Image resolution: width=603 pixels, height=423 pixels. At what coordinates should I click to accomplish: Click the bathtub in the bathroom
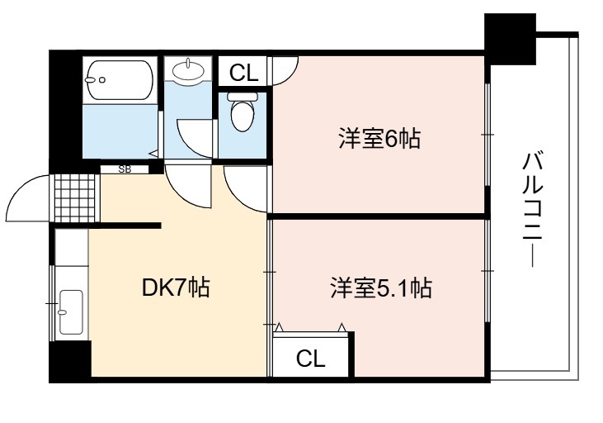120,80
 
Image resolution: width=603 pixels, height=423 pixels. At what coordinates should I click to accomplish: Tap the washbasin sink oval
188,70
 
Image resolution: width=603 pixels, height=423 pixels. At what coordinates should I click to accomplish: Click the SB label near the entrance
125,169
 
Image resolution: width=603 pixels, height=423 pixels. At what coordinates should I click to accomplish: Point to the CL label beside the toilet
243,72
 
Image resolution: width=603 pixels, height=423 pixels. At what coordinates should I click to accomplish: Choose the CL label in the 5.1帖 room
310,359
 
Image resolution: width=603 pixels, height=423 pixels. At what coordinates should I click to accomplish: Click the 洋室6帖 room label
379,139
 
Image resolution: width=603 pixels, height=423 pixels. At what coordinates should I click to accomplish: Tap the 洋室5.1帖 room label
381,288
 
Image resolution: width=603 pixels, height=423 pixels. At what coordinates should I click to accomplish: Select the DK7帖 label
176,288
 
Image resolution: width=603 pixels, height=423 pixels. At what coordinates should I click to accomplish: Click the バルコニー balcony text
533,209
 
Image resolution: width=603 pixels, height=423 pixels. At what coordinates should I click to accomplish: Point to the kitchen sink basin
71,312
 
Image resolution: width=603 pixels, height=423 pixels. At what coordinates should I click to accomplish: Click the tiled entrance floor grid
74,198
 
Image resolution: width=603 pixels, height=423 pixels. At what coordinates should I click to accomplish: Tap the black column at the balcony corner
510,39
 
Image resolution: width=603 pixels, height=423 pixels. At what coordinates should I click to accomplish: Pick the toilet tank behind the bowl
243,97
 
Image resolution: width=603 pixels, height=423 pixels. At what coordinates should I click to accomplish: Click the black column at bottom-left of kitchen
70,360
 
